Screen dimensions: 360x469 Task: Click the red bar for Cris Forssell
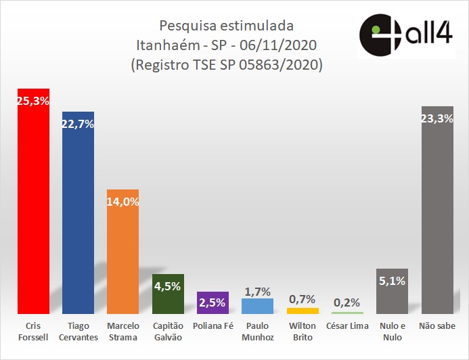tap(33, 203)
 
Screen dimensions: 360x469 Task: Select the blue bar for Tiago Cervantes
tap(78, 217)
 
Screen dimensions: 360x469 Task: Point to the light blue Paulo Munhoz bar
tap(257, 306)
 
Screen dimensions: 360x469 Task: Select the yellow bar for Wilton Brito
tap(303, 311)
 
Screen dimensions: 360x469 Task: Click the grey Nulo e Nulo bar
tap(392, 294)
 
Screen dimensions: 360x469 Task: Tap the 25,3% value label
tap(33, 101)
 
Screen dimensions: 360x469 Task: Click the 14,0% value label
tap(122, 201)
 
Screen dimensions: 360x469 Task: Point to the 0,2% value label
tap(347, 302)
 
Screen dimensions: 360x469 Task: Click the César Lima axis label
tap(347, 326)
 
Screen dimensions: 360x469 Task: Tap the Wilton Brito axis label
tap(303, 331)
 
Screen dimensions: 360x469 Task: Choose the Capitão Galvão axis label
tap(168, 331)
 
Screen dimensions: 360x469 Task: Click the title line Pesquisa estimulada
tap(226, 26)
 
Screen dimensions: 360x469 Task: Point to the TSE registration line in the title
tap(226, 66)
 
